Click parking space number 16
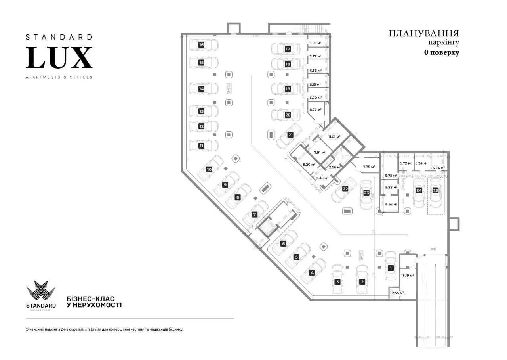click(x=201, y=45)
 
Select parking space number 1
click(x=390, y=268)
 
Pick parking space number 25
click(x=436, y=190)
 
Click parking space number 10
click(x=209, y=169)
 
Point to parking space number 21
click(x=290, y=135)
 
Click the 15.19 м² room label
click(x=408, y=275)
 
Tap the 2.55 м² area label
click(x=397, y=293)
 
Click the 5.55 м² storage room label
click(x=315, y=43)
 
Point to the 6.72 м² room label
click(x=315, y=109)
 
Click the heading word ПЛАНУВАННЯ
click(x=424, y=33)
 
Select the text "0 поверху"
click(x=442, y=52)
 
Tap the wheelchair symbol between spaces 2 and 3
click(x=361, y=255)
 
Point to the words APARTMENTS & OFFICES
click(x=59, y=77)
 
